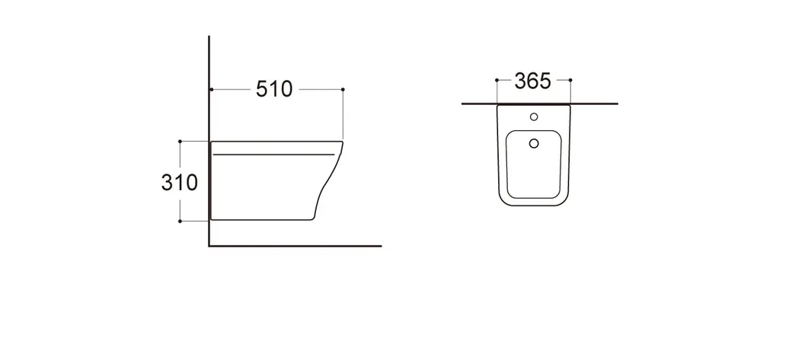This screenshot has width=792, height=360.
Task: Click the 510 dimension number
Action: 274,89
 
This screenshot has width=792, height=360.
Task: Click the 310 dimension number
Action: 179,182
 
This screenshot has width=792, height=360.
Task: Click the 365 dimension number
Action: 533,81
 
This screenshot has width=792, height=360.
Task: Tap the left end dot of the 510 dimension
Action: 212,89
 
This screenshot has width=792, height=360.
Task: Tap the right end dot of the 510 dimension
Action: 343,89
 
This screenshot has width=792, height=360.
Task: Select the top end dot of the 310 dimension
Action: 180,142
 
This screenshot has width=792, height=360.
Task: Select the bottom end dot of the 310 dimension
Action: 180,221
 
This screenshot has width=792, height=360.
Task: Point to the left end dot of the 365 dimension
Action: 497,80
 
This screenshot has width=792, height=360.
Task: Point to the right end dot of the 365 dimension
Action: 570,80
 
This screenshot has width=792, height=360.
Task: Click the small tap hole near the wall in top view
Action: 534,117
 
